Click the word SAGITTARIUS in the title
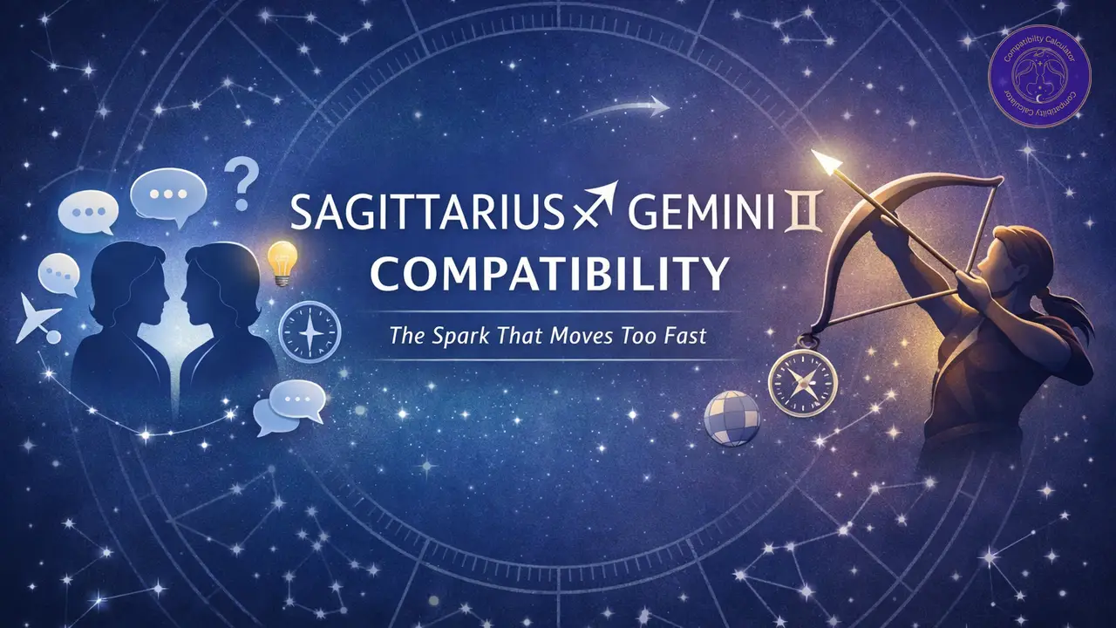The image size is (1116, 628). (x=427, y=214)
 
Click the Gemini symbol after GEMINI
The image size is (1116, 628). (x=816, y=214)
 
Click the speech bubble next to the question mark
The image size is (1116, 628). (x=168, y=193)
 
